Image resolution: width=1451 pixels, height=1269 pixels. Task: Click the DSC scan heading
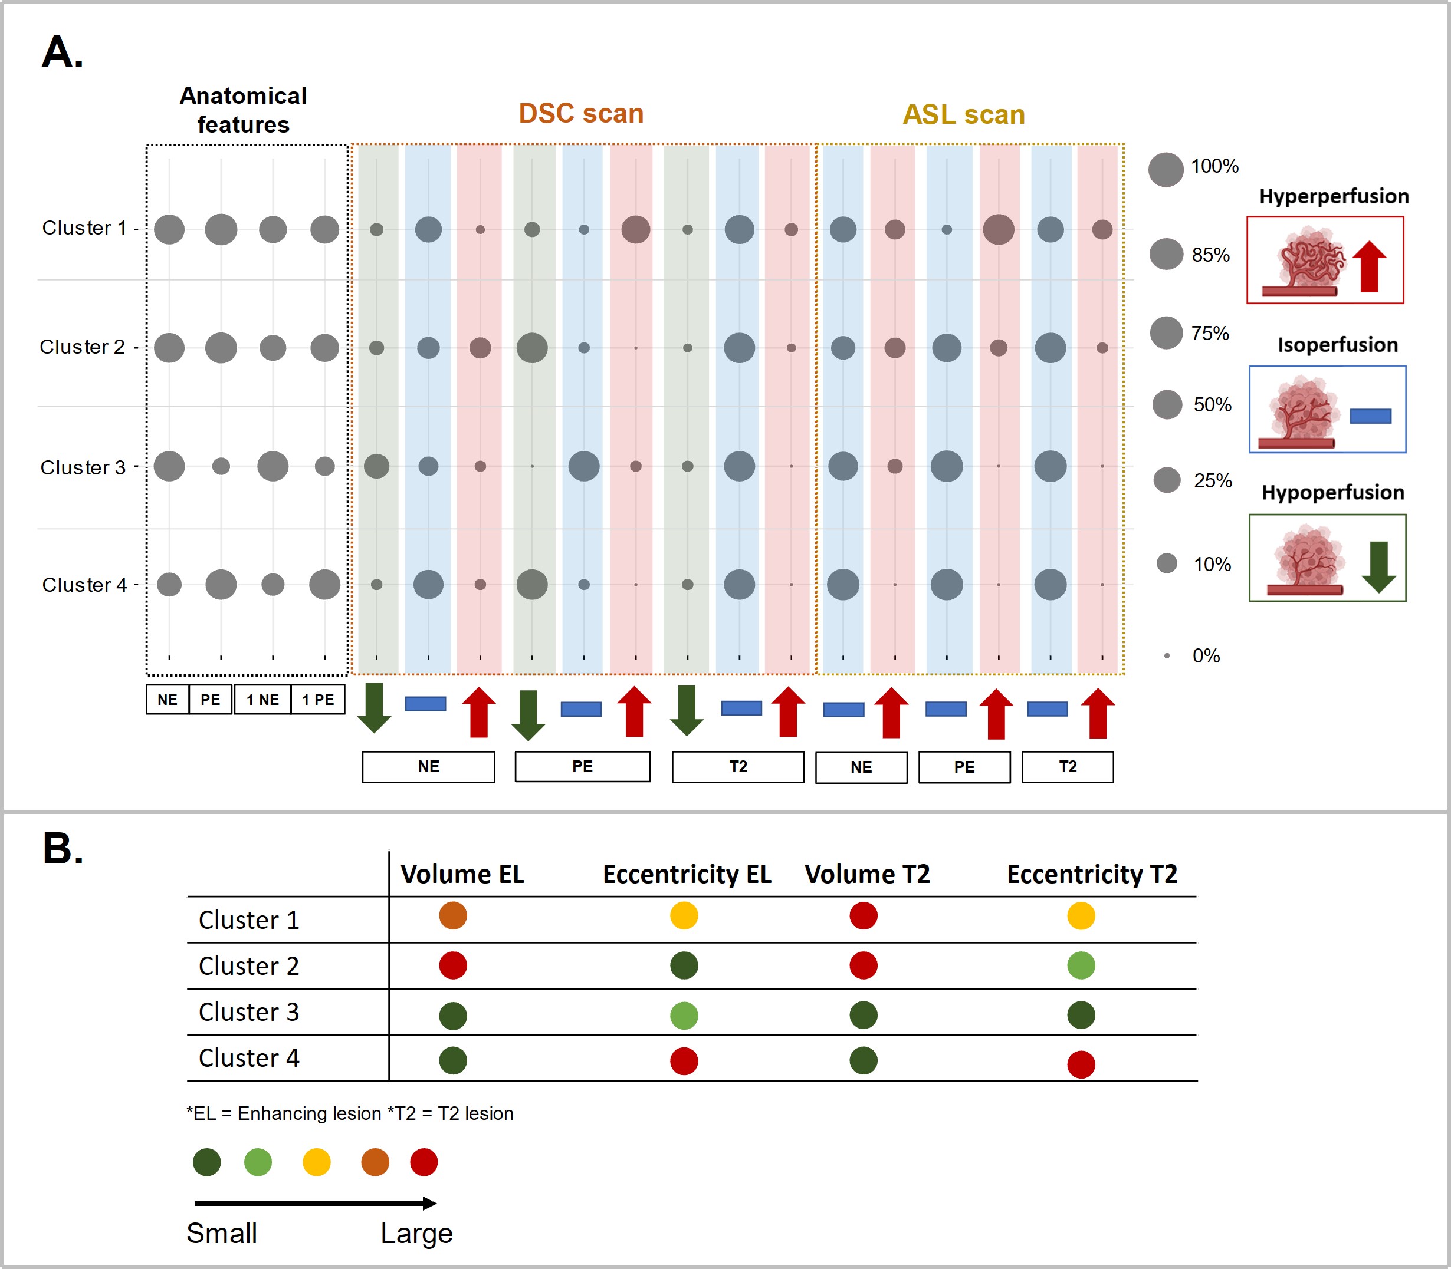581,113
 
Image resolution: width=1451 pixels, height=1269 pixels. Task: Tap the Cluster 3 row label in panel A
83,467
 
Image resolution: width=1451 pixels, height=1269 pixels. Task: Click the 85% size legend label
1210,255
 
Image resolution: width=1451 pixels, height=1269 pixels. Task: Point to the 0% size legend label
1206,656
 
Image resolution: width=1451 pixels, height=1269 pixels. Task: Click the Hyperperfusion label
1334,196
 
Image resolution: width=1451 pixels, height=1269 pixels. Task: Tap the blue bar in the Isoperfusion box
1370,416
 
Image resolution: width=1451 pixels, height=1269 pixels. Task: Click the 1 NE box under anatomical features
262,700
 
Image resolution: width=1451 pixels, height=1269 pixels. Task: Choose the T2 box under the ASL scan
1067,767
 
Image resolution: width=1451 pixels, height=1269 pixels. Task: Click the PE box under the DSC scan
582,767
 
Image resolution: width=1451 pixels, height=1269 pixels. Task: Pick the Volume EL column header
462,874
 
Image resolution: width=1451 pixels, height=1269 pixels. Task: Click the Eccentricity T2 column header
1092,874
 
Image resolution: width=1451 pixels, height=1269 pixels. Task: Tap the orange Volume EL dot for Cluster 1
453,915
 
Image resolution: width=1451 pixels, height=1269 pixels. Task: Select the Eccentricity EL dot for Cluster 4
684,1061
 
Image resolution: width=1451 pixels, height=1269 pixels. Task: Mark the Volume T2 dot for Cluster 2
863,965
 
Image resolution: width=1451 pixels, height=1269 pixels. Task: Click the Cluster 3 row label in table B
249,1012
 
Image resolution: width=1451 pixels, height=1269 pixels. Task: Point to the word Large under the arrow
416,1234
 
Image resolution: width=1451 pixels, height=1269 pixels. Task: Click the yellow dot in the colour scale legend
316,1162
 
